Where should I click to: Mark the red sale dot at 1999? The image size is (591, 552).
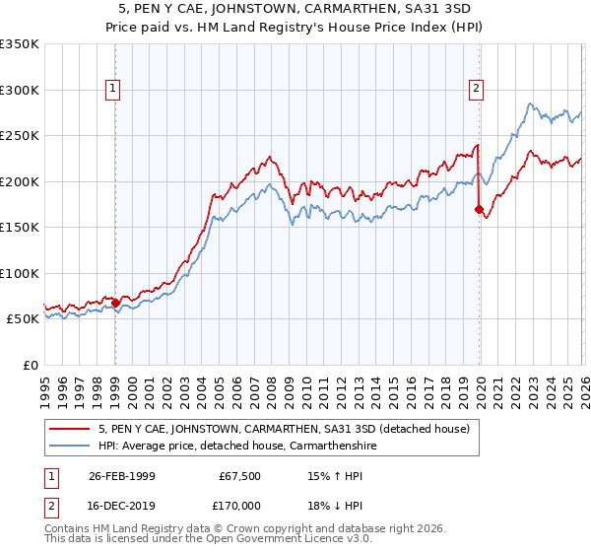pos(115,304)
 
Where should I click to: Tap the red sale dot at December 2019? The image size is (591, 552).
pos(480,209)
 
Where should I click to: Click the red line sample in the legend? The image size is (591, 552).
pos(72,429)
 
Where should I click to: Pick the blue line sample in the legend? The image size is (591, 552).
pos(72,446)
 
